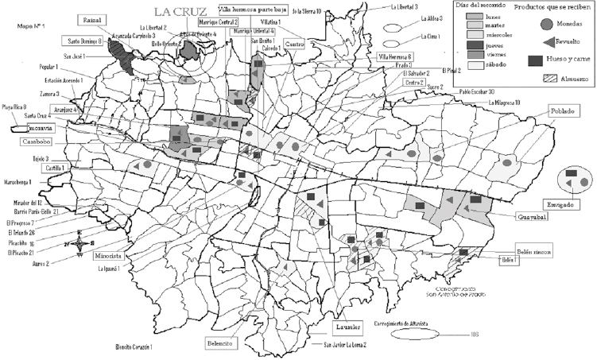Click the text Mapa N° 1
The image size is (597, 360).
point(31,26)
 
